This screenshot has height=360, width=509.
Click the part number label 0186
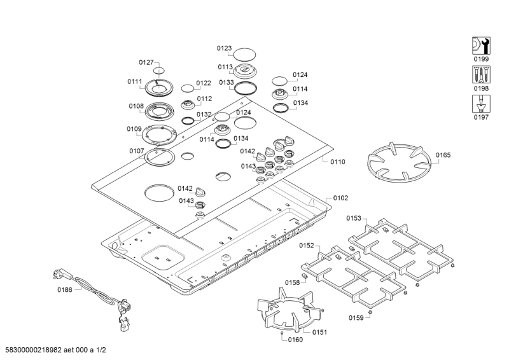click(x=65, y=289)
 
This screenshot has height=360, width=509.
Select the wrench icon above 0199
click(x=481, y=46)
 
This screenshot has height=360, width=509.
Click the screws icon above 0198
click(x=481, y=74)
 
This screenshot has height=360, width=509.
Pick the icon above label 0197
click(x=481, y=104)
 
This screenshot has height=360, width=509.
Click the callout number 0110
click(x=338, y=162)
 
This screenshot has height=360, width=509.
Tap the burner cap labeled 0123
click(x=244, y=54)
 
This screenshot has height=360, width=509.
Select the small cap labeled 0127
click(x=159, y=71)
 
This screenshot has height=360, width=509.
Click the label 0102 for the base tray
click(x=340, y=198)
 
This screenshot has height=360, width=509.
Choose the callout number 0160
click(x=295, y=340)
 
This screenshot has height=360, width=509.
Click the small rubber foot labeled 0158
click(x=305, y=276)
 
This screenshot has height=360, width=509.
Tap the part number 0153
click(x=354, y=218)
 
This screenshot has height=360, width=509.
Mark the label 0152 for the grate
click(x=307, y=246)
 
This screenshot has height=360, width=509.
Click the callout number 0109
click(x=134, y=129)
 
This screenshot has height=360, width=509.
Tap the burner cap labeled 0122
click(x=188, y=88)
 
